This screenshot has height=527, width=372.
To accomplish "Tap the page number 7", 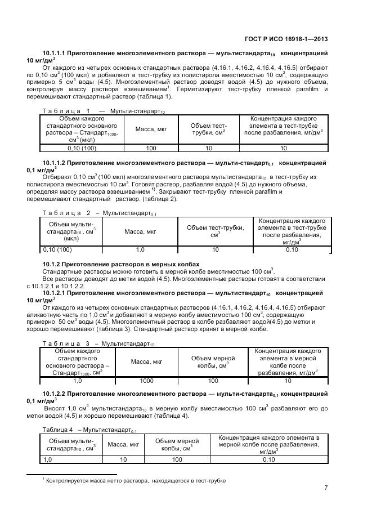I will [326, 488].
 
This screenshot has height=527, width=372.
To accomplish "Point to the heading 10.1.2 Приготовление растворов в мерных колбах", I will [121, 264].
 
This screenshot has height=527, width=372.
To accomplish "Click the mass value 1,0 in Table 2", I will [140, 249].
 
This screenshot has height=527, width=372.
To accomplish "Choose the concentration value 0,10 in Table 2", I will [292, 249].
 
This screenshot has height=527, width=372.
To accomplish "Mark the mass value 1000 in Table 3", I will [146, 381].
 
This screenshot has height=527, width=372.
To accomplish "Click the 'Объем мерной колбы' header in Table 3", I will [213, 361].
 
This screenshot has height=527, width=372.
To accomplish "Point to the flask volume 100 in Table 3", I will [213, 381].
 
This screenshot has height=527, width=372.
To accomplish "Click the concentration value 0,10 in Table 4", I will [268, 459].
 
